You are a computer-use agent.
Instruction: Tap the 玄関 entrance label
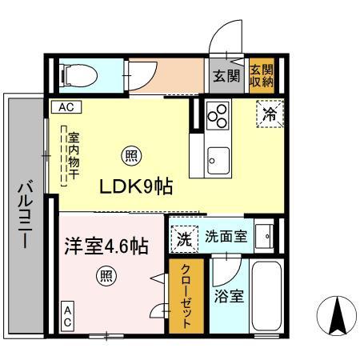(226, 77)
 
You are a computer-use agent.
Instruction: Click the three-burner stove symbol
(216, 116)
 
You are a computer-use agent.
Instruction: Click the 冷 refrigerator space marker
(270, 114)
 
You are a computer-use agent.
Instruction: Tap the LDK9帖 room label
(136, 186)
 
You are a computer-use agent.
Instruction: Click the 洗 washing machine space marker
(183, 237)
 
